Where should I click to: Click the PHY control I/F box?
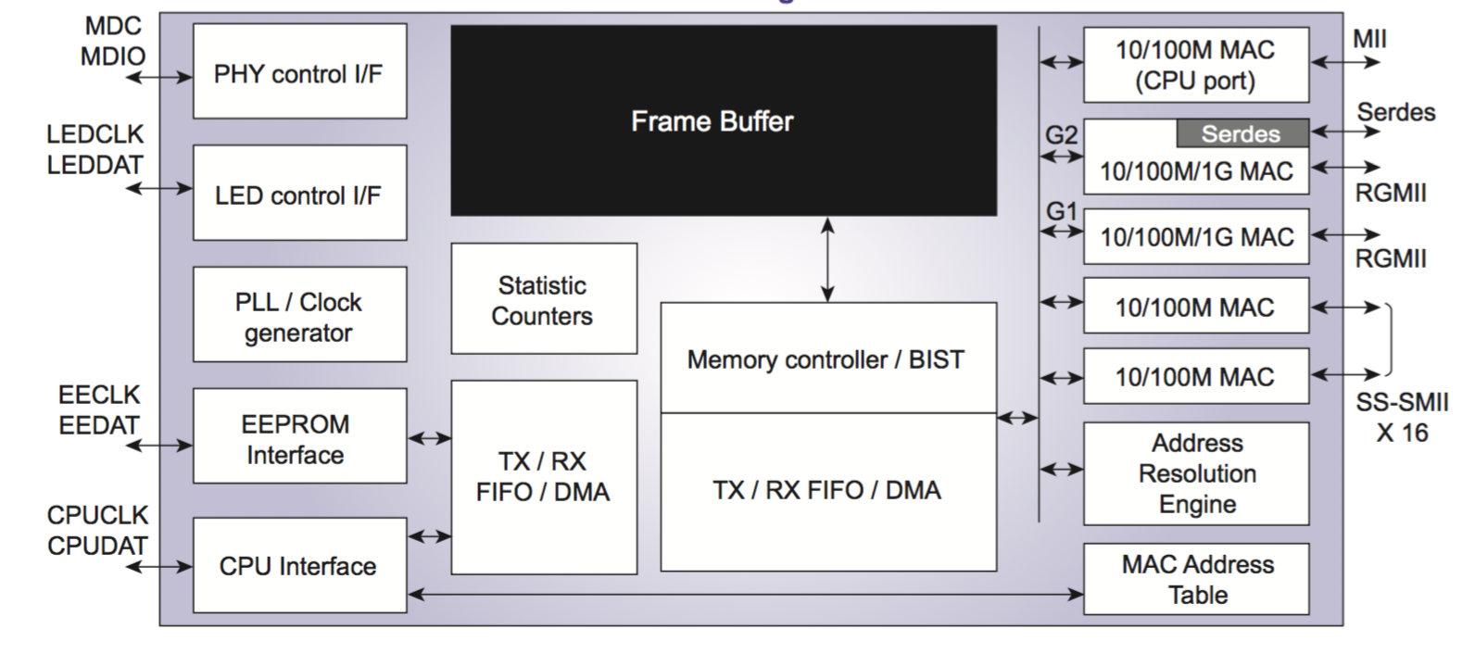click(299, 71)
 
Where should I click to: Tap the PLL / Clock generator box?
click(299, 315)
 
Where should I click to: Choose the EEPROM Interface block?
click(299, 436)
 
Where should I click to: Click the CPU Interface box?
click(299, 565)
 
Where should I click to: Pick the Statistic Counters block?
click(544, 299)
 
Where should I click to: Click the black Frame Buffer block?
click(723, 120)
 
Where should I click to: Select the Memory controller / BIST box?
click(827, 358)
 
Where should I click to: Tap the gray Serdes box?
click(1242, 134)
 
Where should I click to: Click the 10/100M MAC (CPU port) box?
click(1195, 65)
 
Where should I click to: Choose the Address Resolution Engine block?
click(1195, 473)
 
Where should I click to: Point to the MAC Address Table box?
click(1195, 579)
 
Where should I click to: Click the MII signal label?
click(1369, 39)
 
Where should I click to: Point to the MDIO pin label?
click(113, 57)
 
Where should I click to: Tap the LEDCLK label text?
click(95, 134)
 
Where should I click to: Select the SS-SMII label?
click(1402, 403)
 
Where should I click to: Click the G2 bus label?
click(1061, 135)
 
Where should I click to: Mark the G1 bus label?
click(1061, 212)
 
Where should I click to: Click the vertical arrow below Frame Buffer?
click(827, 259)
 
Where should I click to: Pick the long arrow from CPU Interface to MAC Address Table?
click(745, 594)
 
